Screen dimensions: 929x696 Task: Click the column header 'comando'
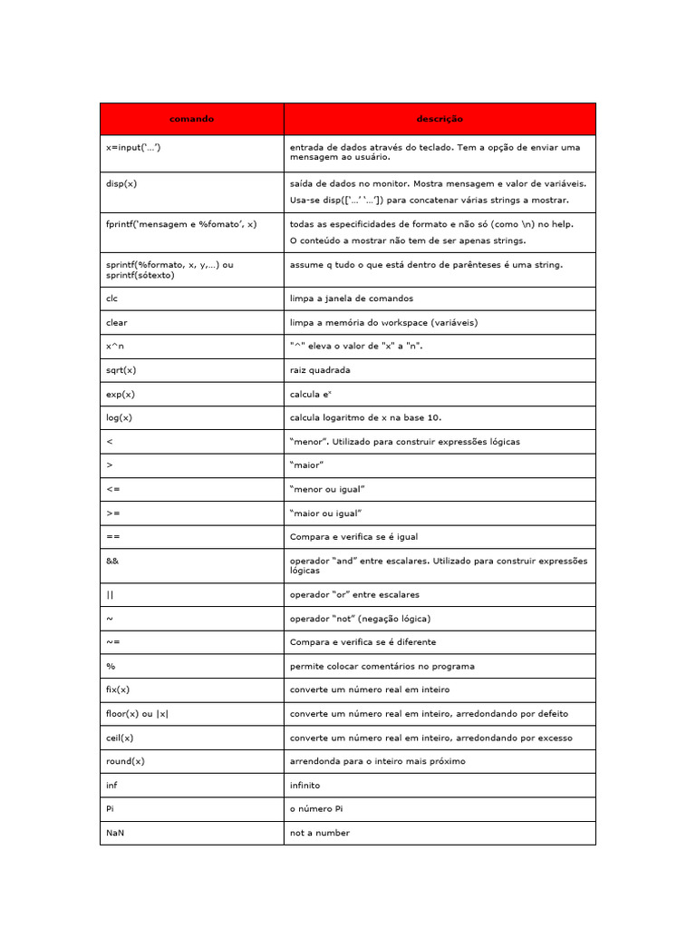(191, 119)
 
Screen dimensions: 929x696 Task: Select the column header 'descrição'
(440, 119)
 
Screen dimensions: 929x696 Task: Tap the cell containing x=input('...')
(133, 147)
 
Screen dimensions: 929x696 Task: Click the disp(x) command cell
(121, 183)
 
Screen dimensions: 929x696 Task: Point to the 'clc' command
(112, 298)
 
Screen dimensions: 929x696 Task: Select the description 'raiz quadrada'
(319, 370)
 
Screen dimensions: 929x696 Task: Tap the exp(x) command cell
(120, 394)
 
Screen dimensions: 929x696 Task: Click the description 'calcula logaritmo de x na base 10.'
(365, 417)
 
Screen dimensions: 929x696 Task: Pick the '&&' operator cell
(112, 561)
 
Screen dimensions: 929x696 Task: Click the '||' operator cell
(110, 595)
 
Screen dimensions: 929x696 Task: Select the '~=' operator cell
(112, 642)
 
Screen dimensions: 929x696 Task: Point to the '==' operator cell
(112, 537)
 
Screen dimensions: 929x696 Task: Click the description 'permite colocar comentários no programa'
(382, 666)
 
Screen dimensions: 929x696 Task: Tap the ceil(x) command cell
(120, 738)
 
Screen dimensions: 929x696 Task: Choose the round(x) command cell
(125, 761)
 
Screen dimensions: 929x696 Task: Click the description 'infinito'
(304, 785)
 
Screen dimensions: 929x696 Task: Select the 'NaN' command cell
(115, 833)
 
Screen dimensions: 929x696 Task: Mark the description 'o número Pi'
(316, 809)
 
